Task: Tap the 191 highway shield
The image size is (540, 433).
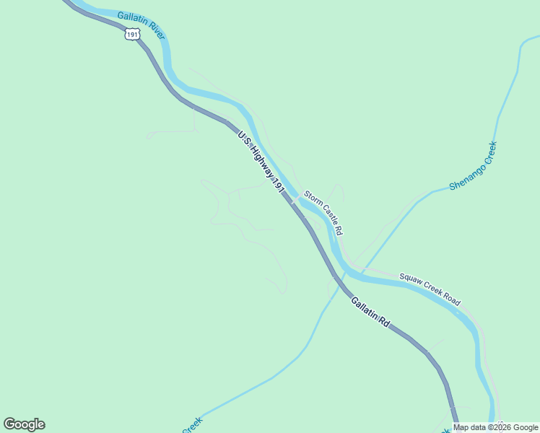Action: click(131, 35)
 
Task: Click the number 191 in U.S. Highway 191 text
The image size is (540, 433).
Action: click(281, 186)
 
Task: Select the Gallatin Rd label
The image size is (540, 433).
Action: click(370, 312)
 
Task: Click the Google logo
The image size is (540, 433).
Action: click(24, 424)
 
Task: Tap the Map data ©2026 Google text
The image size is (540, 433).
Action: click(495, 427)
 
